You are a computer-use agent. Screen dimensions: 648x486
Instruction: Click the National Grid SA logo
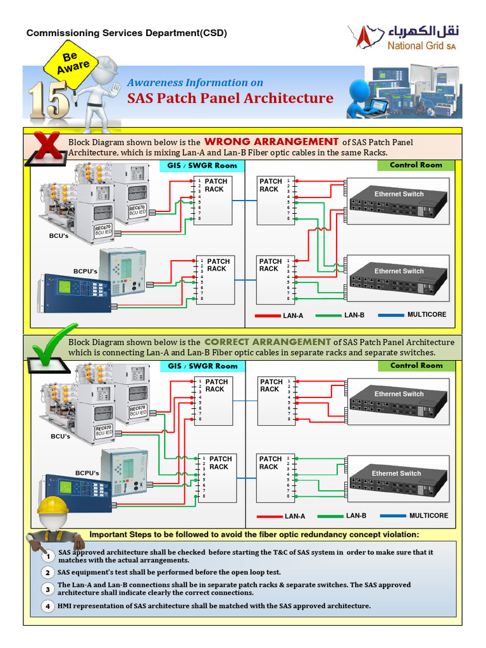[405, 38]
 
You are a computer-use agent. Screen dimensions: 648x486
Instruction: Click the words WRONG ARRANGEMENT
[271, 142]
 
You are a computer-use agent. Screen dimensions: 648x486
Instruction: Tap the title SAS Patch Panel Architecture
[230, 98]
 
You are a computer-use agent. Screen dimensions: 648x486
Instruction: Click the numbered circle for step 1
[48, 556]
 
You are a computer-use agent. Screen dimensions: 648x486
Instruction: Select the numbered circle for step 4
[48, 606]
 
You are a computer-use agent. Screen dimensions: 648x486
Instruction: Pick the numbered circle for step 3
[48, 589]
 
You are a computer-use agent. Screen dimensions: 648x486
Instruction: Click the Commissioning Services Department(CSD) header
[126, 33]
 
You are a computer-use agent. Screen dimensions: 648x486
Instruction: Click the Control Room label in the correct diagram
[416, 366]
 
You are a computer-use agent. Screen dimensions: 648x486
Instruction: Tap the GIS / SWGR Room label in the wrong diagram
[202, 166]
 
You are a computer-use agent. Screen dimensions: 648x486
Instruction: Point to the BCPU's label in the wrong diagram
[85, 271]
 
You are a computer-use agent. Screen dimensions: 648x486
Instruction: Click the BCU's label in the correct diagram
[61, 436]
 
